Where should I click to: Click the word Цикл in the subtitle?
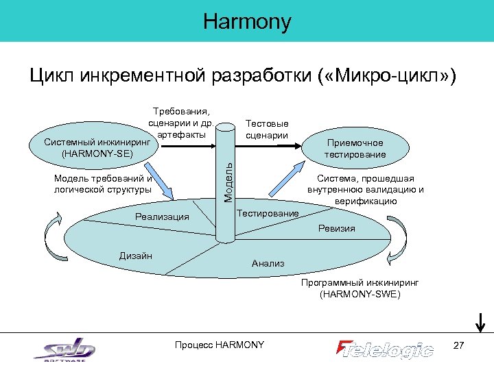(53, 75)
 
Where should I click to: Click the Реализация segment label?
(162, 217)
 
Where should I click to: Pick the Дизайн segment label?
(135, 256)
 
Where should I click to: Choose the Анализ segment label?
(268, 263)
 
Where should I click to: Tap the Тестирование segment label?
(268, 213)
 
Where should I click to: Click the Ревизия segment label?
(336, 228)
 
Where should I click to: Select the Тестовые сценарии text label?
(267, 129)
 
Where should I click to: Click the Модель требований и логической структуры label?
(103, 184)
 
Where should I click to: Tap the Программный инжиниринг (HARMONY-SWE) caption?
(360, 288)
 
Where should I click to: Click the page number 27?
(460, 345)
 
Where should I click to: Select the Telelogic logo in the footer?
(385, 348)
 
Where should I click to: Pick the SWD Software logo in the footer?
(64, 349)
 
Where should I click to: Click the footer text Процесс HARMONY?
(220, 345)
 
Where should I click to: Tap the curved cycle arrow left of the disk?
(54, 227)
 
